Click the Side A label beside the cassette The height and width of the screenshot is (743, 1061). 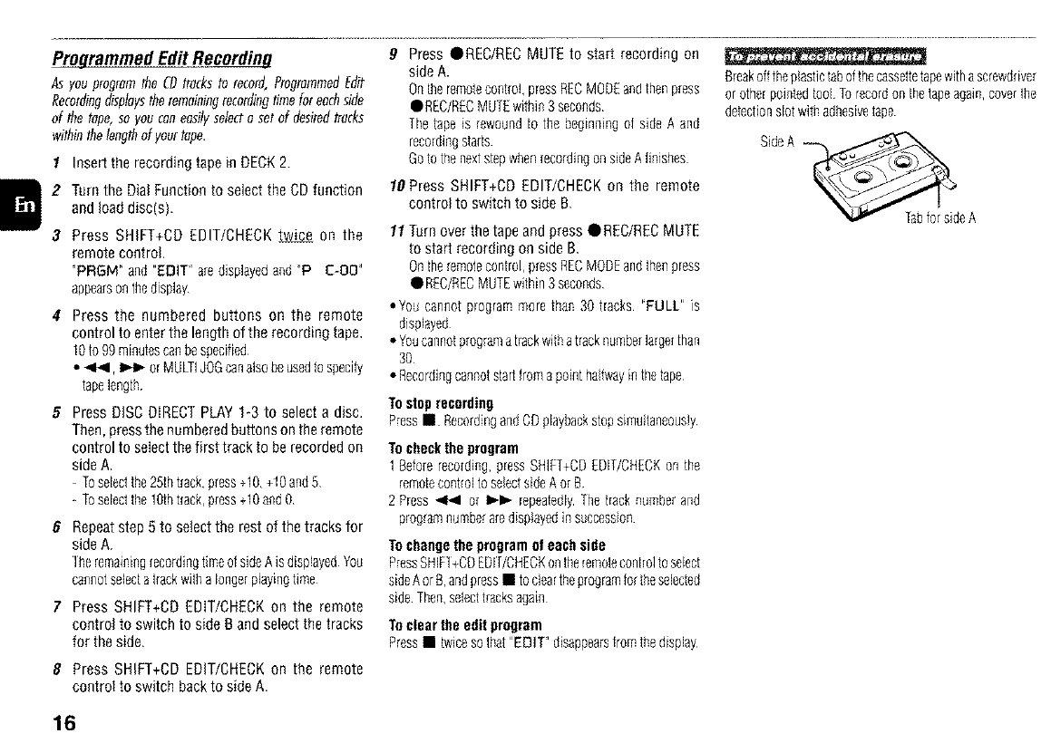(x=777, y=143)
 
